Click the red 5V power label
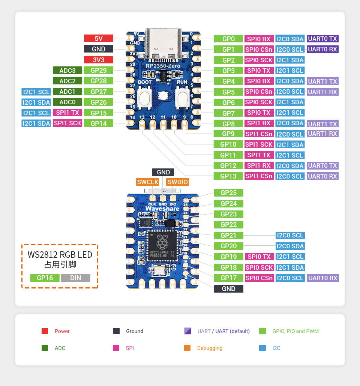tap(98, 38)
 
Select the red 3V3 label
tap(98, 60)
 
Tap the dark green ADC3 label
tap(67, 70)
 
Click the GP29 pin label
tap(98, 70)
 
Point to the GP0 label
tap(228, 39)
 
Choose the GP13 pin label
tap(228, 176)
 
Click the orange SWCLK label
tap(148, 182)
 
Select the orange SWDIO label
tap(177, 182)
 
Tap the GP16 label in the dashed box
tap(45, 278)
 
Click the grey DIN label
tap(75, 278)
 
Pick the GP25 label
tap(228, 193)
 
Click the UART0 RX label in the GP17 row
tap(322, 278)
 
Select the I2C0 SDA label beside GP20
tap(289, 246)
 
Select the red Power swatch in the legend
tap(45, 331)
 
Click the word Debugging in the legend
tap(210, 348)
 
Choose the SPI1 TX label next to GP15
tap(67, 113)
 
